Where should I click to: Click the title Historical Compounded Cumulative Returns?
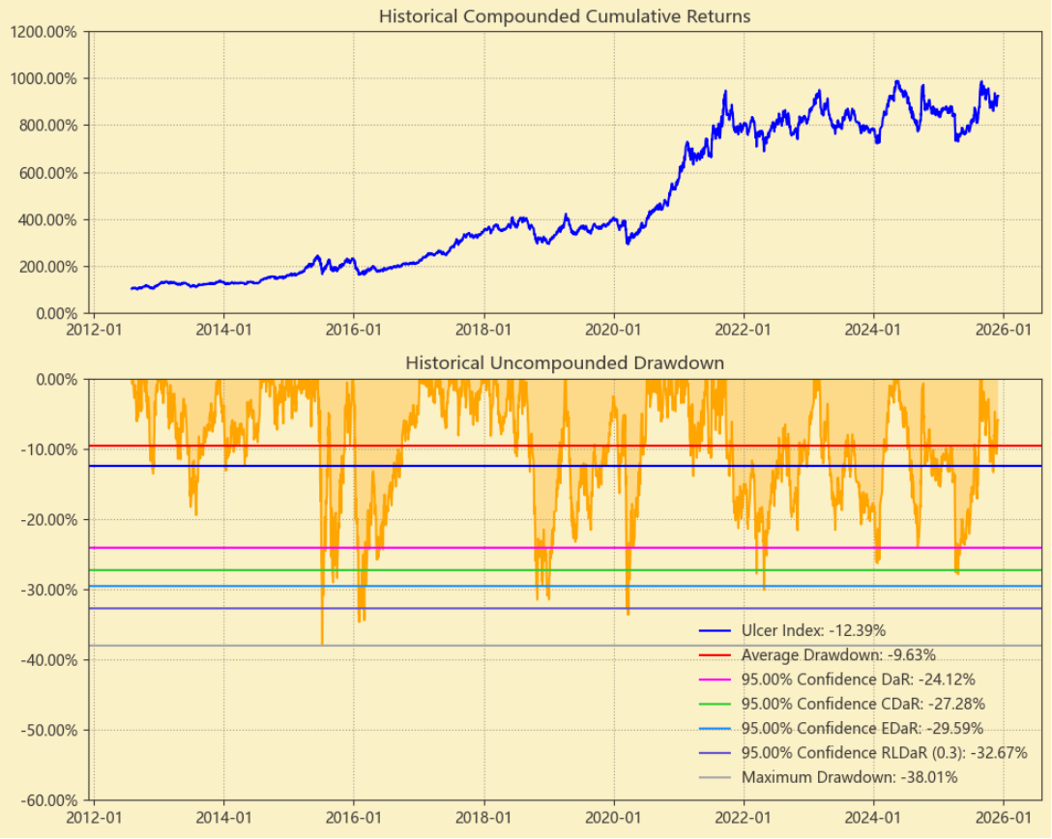click(x=565, y=16)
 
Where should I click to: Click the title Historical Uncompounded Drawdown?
click(x=565, y=363)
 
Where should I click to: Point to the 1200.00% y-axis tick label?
click(x=45, y=31)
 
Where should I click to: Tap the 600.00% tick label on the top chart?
click(x=49, y=173)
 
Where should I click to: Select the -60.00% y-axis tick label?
click(x=49, y=800)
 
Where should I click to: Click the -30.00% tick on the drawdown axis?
click(x=49, y=590)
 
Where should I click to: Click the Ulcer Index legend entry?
click(x=813, y=630)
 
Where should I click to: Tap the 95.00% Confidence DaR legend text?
click(x=858, y=680)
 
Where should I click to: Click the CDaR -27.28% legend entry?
click(x=862, y=704)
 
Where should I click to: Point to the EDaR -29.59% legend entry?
click(x=862, y=728)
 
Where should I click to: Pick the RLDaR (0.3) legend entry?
click(x=884, y=753)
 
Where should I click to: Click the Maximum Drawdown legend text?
click(x=849, y=777)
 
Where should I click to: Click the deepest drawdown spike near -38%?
click(x=322, y=643)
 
